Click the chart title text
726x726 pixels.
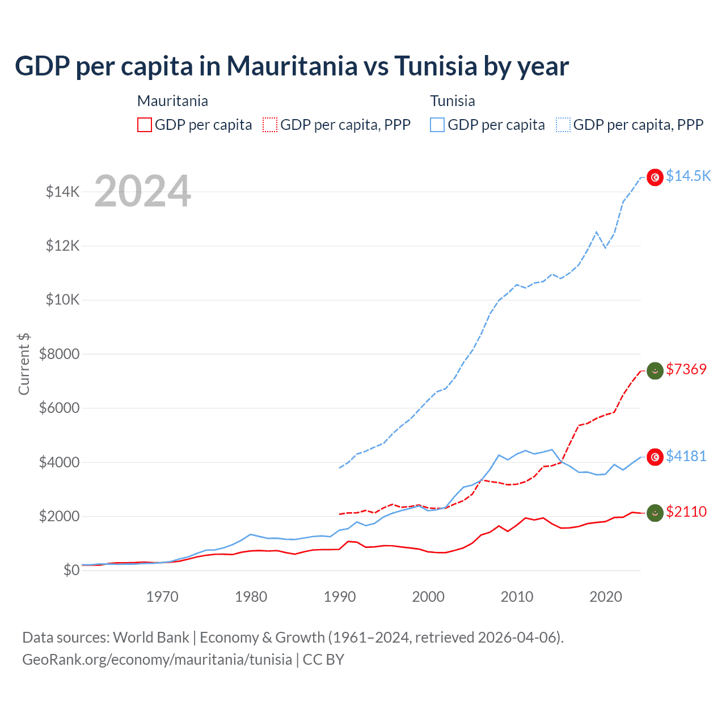292,66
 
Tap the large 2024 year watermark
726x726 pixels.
142,191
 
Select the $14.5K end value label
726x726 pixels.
688,176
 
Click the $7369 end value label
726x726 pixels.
686,369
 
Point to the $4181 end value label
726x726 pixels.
686,456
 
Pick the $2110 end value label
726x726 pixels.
686,512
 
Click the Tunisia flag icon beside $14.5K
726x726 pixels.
655,178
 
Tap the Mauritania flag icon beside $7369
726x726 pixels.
655,371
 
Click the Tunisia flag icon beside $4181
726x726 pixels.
655,457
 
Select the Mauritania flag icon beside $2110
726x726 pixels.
655,513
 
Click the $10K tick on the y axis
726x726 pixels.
63,299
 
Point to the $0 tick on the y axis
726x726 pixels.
71,570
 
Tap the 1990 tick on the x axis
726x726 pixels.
340,597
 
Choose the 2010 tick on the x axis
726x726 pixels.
517,597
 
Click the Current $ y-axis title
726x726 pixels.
24,364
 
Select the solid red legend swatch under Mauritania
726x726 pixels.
145,125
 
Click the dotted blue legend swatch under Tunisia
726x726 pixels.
563,125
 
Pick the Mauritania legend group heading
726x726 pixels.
172,101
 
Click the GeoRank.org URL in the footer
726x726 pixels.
157,660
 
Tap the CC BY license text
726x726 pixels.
324,660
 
